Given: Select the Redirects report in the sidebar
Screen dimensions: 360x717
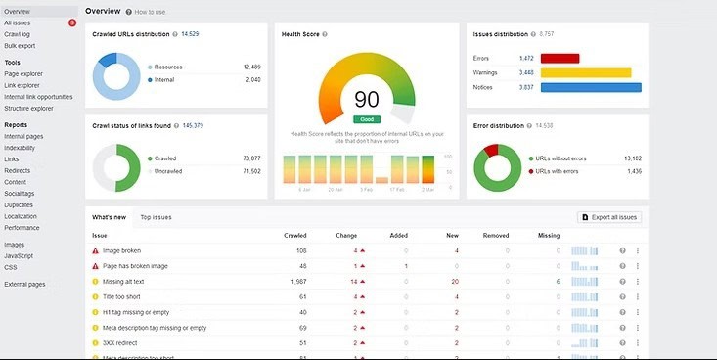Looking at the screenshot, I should click(x=18, y=170).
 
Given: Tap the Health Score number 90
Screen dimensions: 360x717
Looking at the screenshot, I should click(x=367, y=100).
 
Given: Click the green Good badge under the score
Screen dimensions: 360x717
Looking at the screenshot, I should click(x=367, y=118).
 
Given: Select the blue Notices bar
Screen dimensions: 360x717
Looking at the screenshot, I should click(x=583, y=87).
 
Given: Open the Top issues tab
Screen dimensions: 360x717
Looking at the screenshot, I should click(x=156, y=216).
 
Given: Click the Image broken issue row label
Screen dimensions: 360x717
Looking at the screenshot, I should click(x=121, y=250).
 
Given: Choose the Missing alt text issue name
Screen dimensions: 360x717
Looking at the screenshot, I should click(x=126, y=281).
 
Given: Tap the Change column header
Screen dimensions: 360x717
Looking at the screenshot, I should click(x=346, y=236).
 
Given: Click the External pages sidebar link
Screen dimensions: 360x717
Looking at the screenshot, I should click(x=24, y=284).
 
